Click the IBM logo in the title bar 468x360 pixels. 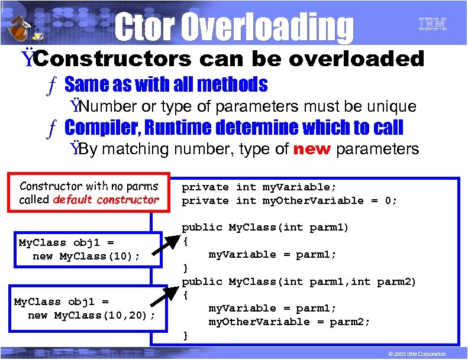coord(433,24)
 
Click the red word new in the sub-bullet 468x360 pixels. coord(311,149)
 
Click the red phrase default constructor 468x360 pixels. coord(106,200)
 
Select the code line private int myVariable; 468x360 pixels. coord(259,187)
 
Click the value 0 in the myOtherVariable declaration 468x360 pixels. coord(388,200)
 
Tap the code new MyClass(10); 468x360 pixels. coord(86,256)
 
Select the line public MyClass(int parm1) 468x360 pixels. coord(265,228)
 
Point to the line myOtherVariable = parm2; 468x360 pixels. coord(289,322)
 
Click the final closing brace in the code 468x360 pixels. coord(185,335)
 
